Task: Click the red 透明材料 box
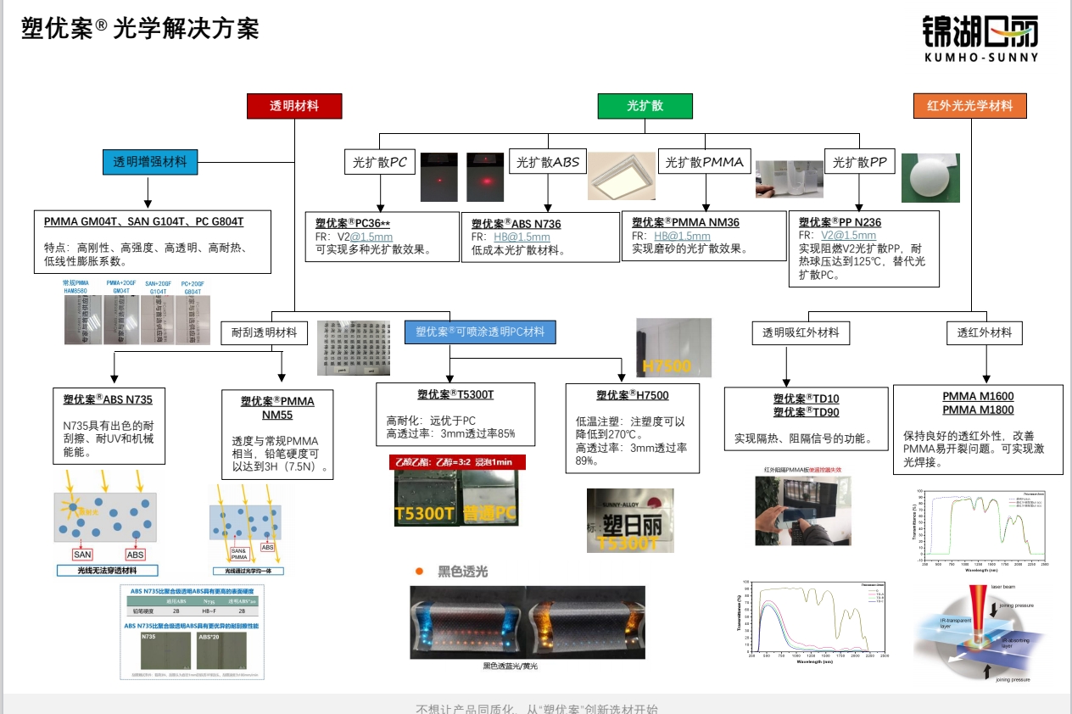294,106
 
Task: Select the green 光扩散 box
645,106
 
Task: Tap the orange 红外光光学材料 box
969,106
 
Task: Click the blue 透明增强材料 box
149,161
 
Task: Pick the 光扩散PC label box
379,163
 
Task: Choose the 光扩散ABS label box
548,163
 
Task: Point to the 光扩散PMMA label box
704,162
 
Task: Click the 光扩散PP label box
860,162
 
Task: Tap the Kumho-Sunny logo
980,38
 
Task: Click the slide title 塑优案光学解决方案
140,29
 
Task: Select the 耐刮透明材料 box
264,332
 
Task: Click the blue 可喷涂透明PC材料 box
480,332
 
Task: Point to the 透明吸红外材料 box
800,332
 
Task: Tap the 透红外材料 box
985,332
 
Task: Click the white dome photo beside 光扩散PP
930,178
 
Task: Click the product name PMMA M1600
978,396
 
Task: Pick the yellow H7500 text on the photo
667,366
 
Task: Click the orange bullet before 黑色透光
419,572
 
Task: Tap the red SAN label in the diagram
82,555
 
